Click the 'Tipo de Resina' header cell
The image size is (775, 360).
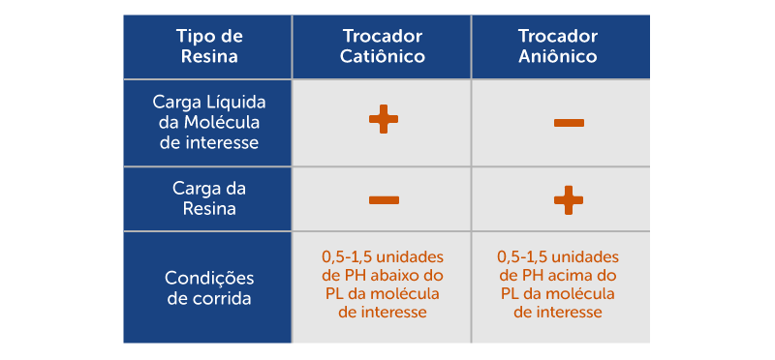208,46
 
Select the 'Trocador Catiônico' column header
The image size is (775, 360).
383,46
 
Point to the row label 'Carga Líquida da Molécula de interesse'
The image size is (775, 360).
208,122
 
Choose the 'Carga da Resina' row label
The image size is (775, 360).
208,198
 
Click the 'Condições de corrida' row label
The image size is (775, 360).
208,287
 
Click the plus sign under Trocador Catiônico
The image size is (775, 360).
384,120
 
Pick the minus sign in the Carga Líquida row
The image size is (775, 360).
568,123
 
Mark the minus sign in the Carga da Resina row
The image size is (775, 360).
384,200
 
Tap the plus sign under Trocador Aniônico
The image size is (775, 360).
568,200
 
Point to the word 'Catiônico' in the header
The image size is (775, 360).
383,57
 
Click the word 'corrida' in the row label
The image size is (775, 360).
225,298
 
